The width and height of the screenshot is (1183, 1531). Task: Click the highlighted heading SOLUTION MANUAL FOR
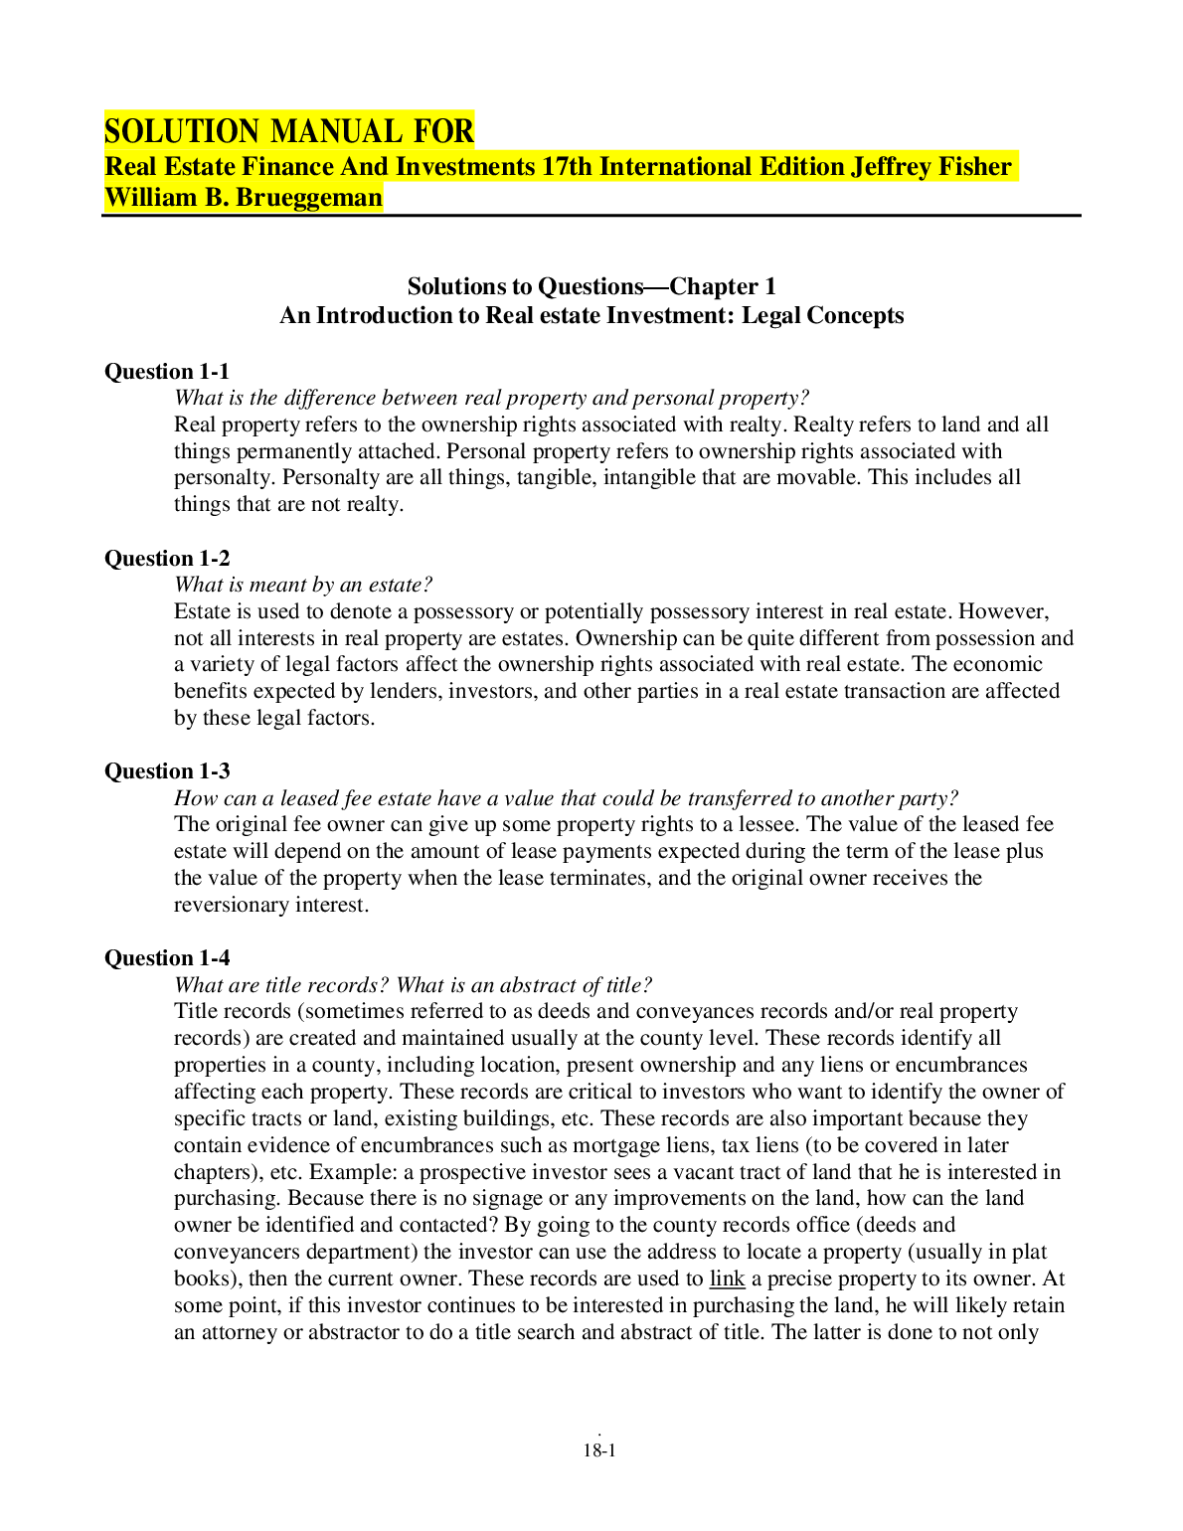coord(289,131)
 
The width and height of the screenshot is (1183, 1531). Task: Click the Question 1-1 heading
coord(167,372)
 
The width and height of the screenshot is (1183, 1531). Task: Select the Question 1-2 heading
coord(167,559)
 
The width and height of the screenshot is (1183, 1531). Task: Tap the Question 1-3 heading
coord(167,771)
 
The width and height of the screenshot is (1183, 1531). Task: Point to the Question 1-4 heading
coord(167,958)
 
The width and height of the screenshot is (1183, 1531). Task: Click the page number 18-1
coord(599,1450)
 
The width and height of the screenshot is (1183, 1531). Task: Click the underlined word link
coord(727,1278)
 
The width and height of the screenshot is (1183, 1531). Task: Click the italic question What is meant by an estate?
coord(303,585)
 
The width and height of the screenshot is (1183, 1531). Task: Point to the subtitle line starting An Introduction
coord(591,316)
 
